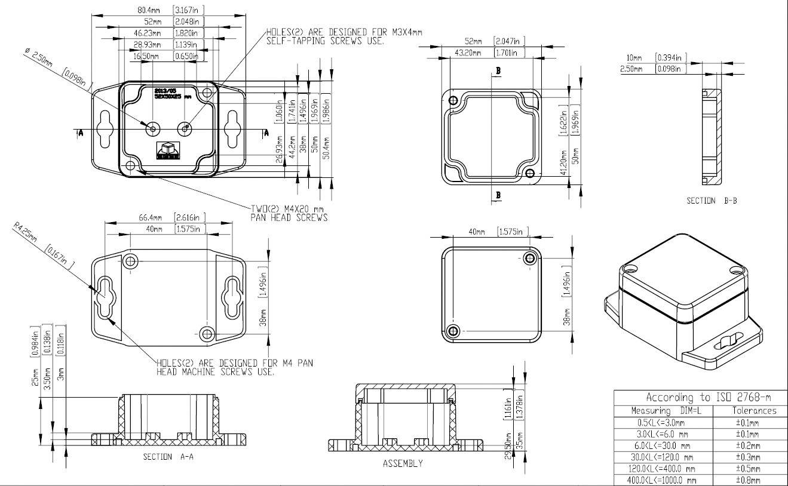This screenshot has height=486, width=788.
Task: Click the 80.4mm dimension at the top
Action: pyautogui.click(x=148, y=10)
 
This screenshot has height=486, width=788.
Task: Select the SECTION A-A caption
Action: pyautogui.click(x=168, y=457)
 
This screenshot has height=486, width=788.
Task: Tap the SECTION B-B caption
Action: pyautogui.click(x=711, y=201)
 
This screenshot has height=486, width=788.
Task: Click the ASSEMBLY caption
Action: pyautogui.click(x=403, y=463)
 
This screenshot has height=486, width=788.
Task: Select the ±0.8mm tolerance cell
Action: pyautogui.click(x=747, y=480)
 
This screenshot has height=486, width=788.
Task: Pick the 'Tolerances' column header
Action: pyautogui.click(x=754, y=411)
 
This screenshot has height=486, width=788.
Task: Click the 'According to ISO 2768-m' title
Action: pyautogui.click(x=708, y=397)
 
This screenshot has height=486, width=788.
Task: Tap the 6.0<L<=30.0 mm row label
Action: pyautogui.click(x=663, y=445)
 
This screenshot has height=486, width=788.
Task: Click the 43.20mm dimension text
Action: pyautogui.click(x=469, y=53)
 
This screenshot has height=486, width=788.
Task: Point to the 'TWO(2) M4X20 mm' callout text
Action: pyautogui.click(x=287, y=209)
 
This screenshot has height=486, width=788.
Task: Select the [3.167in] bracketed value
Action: pyautogui.click(x=189, y=10)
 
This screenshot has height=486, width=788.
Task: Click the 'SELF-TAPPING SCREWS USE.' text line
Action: pyautogui.click(x=326, y=41)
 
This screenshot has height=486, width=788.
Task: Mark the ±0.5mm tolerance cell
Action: pyautogui.click(x=747, y=469)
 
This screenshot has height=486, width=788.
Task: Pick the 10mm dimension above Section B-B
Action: pyautogui.click(x=634, y=58)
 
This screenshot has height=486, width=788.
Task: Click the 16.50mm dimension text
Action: pyautogui.click(x=146, y=56)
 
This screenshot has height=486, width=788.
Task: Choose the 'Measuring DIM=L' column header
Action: pyautogui.click(x=663, y=411)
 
